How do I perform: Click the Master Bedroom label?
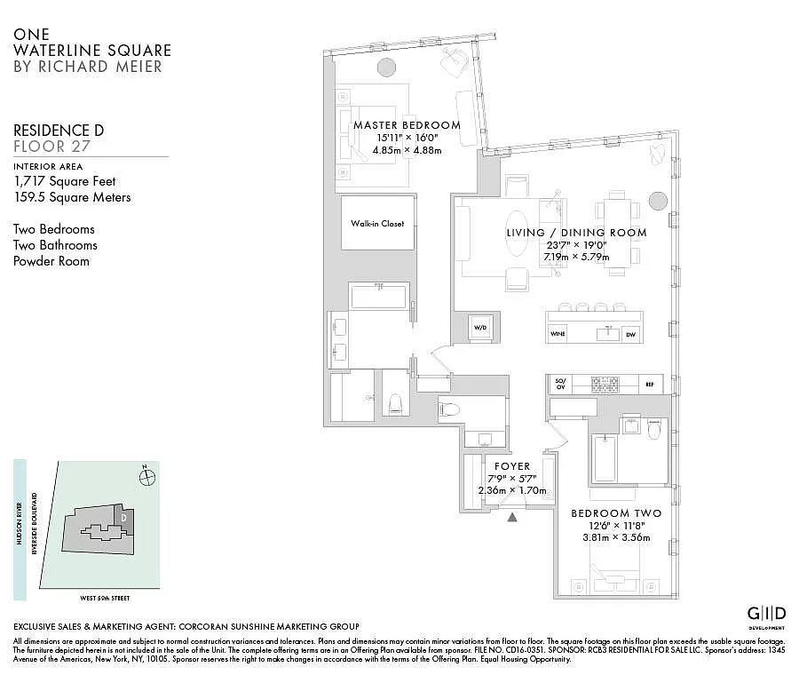407,125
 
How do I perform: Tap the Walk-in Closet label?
376,224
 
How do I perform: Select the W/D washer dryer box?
480,328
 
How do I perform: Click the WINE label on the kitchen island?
558,334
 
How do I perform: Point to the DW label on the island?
630,334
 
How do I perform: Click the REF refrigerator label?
650,385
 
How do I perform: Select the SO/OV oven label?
560,385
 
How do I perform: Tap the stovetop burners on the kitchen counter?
605,385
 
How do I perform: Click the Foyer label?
512,466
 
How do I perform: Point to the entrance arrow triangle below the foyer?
511,517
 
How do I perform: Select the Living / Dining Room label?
576,233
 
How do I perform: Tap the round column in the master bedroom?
387,67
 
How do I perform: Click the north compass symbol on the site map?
147,477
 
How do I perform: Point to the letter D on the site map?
124,516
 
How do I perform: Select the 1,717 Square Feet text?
64,181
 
